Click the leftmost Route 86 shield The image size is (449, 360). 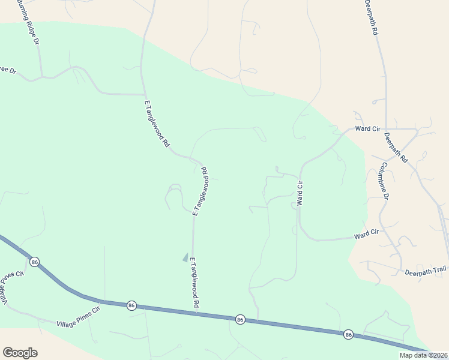point(35,262)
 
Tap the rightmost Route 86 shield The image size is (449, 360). point(348,334)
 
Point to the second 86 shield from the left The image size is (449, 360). point(131,306)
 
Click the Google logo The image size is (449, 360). point(20,353)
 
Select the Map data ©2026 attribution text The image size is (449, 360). point(424,355)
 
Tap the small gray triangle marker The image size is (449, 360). point(185,257)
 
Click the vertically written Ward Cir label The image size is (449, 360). point(300,193)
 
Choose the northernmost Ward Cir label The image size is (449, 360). point(367,128)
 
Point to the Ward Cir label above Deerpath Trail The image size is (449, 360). point(366,232)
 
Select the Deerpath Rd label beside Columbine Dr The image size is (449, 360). point(396,148)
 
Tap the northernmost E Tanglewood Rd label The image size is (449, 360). point(157,124)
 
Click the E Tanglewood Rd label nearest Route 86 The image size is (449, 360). point(194,283)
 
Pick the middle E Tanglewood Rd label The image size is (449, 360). point(200,191)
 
